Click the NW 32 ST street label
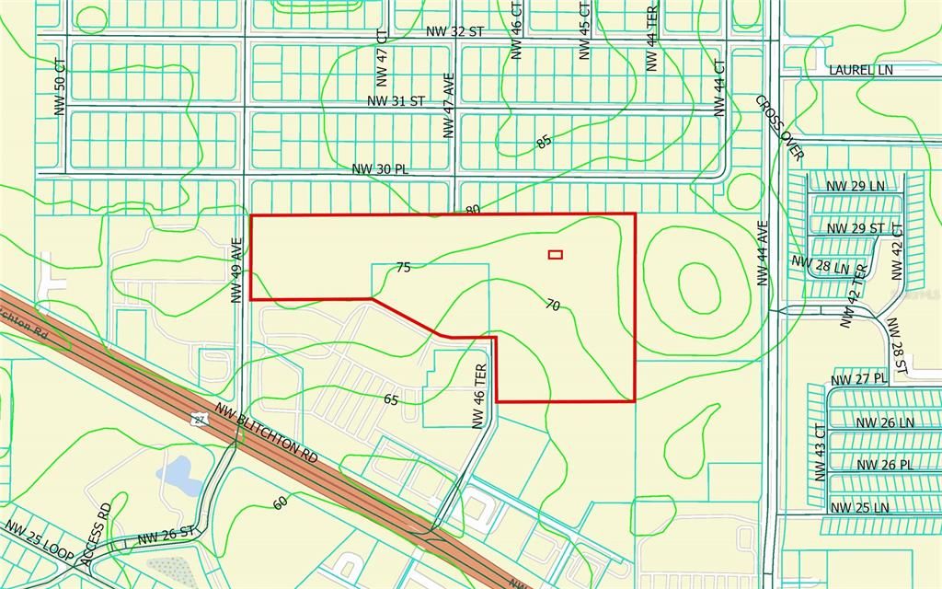(454, 31)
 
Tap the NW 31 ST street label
(396, 100)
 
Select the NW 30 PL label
(380, 169)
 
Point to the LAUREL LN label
(860, 70)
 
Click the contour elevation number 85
(544, 142)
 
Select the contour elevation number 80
(473, 210)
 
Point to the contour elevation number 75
(402, 267)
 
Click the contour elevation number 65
(391, 399)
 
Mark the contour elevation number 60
(280, 503)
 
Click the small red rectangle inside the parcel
(555, 255)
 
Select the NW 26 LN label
(885, 422)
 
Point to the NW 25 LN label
(859, 507)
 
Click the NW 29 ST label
(856, 228)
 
